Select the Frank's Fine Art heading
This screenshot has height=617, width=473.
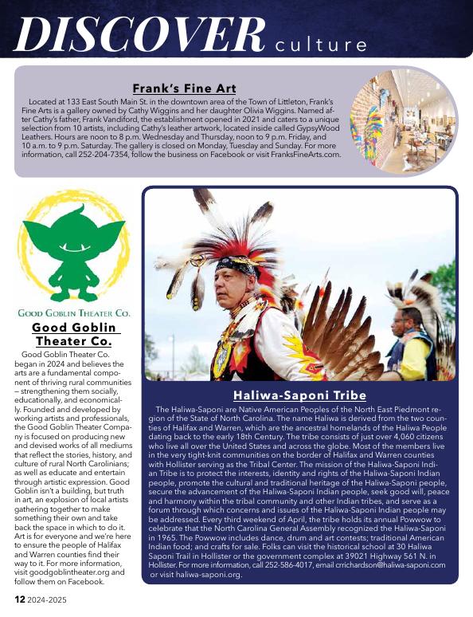tap(184, 88)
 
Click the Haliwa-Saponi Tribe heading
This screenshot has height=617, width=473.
tap(299, 395)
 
